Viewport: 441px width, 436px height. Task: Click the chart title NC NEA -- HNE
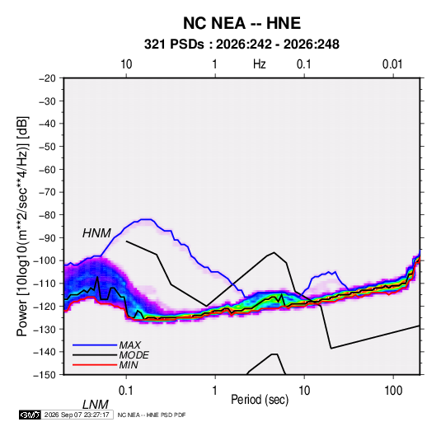coord(242,23)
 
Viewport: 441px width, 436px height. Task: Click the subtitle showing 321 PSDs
coord(242,45)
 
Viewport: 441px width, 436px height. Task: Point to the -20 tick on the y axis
coord(47,78)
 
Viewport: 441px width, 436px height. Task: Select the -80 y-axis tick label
coord(47,215)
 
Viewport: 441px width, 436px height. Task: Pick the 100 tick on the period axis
coord(393,391)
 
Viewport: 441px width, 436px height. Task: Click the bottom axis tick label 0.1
coord(126,391)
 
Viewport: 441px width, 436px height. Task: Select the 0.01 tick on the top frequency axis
coord(392,64)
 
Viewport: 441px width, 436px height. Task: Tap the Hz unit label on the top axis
coord(260,64)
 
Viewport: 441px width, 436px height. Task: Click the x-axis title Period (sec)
coord(260,400)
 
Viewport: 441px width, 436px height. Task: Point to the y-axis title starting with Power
coord(22,227)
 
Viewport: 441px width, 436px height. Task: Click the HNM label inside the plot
coord(96,233)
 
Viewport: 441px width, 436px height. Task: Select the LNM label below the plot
coord(96,405)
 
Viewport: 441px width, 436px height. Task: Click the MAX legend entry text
coord(129,345)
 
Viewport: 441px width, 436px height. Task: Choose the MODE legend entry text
coord(134,355)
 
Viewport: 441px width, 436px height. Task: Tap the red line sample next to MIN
coord(95,365)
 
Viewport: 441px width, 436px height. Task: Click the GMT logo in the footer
coord(30,415)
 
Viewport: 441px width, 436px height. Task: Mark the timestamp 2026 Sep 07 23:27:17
coord(77,415)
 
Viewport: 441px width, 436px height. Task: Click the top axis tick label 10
coord(126,64)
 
